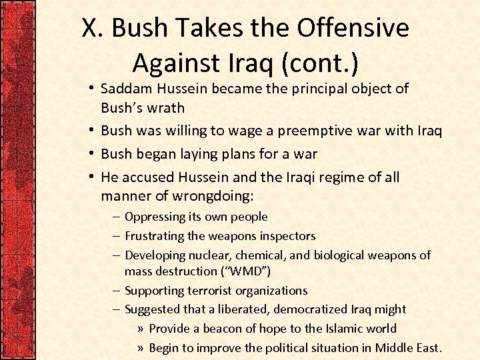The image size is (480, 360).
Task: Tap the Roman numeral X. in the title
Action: coord(93,29)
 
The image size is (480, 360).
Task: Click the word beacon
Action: coord(215,329)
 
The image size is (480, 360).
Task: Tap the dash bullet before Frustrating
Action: coord(116,236)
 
